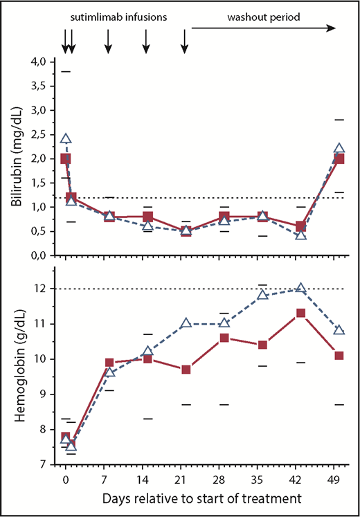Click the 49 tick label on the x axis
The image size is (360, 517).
pos(339,480)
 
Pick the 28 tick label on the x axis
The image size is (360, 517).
pos(224,480)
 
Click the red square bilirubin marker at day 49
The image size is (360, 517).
pos(339,158)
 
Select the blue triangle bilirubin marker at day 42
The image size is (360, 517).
pos(300,235)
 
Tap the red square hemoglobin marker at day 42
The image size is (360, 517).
pos(300,313)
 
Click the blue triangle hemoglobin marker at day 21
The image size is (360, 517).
pos(186,323)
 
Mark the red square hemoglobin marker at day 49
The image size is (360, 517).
pos(339,355)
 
